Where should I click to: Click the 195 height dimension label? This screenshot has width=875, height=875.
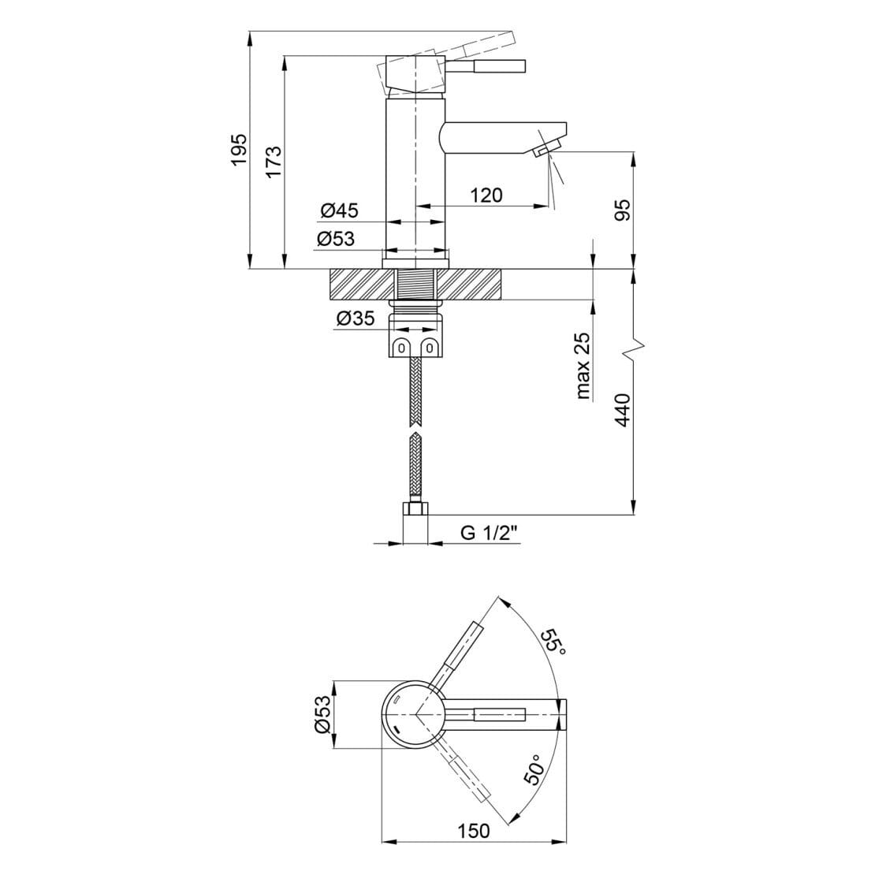coord(238,149)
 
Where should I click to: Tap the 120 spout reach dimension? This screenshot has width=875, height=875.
coord(486,195)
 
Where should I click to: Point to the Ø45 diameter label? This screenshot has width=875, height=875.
coord(340,210)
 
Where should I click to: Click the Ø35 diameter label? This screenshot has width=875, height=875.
coord(355,318)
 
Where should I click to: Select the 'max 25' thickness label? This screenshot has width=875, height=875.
coord(583,366)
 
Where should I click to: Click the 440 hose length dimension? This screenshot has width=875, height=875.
coord(623,409)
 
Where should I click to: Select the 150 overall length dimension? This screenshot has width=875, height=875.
coord(473,831)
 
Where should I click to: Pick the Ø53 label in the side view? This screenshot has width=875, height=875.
coord(336,239)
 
